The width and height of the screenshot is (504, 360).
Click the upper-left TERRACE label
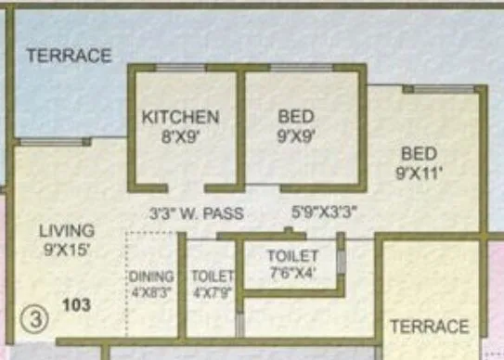pyautogui.click(x=69, y=56)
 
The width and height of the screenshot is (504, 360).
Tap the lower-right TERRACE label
pyautogui.click(x=429, y=327)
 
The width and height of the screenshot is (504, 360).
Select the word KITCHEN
pyautogui.click(x=180, y=117)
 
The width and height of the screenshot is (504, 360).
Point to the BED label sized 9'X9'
pyautogui.click(x=295, y=117)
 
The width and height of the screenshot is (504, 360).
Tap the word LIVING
pyautogui.click(x=66, y=230)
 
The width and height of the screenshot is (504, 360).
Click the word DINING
pyautogui.click(x=152, y=276)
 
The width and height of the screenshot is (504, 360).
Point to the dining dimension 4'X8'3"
pyautogui.click(x=152, y=290)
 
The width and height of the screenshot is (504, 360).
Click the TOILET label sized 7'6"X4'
pyautogui.click(x=293, y=255)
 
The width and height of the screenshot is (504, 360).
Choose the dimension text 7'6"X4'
pyautogui.click(x=293, y=272)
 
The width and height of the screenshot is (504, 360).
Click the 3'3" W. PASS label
pyautogui.click(x=197, y=213)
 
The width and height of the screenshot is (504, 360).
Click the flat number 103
pyautogui.click(x=78, y=303)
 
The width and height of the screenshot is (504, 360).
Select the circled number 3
pyautogui.click(x=31, y=321)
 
